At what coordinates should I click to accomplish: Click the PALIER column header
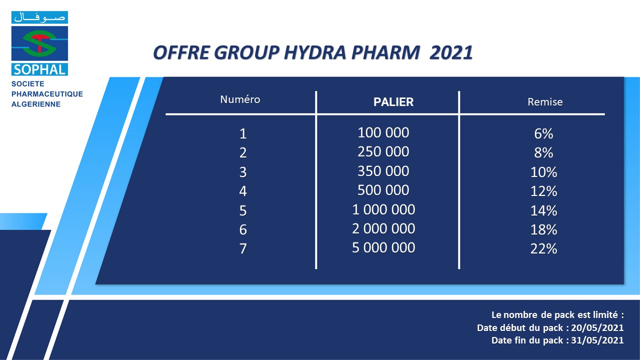click(393, 102)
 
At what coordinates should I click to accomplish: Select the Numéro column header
click(240, 99)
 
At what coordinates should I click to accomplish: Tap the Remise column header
click(545, 102)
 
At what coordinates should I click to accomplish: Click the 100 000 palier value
click(383, 132)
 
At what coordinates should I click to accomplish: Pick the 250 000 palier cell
click(383, 151)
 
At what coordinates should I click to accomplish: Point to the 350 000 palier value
click(383, 171)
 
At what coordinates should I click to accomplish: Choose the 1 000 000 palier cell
click(383, 209)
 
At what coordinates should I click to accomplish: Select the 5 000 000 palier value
click(383, 247)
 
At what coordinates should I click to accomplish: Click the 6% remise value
click(543, 133)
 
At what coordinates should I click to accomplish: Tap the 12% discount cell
click(543, 191)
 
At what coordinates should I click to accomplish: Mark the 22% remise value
click(543, 248)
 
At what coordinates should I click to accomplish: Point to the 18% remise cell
click(543, 229)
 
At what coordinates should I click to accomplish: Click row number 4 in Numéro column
click(243, 191)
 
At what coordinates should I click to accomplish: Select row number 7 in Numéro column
click(243, 248)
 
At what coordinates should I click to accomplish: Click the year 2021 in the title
click(451, 53)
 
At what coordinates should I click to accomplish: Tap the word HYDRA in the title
click(314, 53)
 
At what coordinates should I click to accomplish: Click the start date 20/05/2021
click(597, 327)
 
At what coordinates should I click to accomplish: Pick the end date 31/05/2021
click(597, 340)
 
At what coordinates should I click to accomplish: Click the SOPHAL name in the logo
click(39, 69)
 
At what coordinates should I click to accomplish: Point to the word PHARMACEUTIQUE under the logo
click(47, 94)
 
